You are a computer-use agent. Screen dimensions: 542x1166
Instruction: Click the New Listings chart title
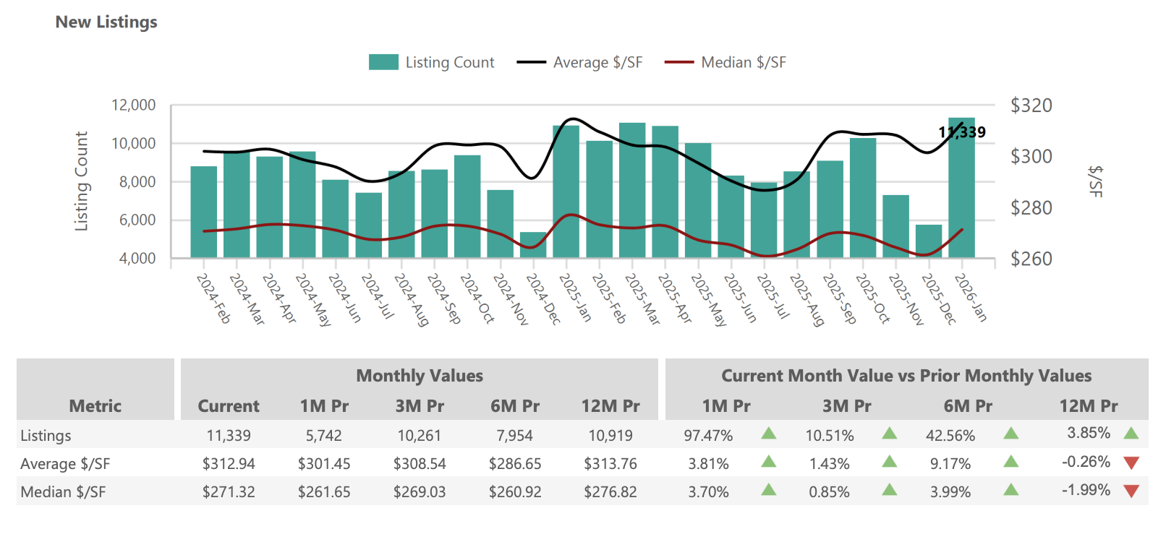pos(106,22)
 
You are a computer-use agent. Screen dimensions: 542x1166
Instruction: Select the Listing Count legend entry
pos(432,62)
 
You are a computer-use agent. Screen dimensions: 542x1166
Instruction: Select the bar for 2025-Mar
pos(632,191)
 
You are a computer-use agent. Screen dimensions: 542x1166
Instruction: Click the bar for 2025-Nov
pos(895,227)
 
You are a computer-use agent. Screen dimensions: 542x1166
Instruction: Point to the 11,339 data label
pos(961,132)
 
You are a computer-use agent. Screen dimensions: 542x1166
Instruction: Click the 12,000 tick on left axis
pos(133,106)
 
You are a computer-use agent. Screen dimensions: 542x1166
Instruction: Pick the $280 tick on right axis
pos(1031,208)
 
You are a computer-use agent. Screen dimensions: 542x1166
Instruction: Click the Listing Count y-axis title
pos(81,181)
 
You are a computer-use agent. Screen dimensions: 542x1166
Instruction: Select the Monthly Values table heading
pos(420,376)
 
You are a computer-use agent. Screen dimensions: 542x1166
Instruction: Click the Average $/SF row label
pos(65,464)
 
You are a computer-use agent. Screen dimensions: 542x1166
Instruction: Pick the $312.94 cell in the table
pos(229,464)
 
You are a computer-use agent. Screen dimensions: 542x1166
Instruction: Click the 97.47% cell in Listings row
pos(708,436)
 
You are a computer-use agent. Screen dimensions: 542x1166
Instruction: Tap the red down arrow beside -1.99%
pos(1131,491)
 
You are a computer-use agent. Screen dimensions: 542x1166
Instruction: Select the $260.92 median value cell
pos(515,492)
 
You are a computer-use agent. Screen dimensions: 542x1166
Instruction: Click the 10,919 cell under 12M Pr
pos(610,436)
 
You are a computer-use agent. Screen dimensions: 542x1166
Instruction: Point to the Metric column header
pos(95,406)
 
